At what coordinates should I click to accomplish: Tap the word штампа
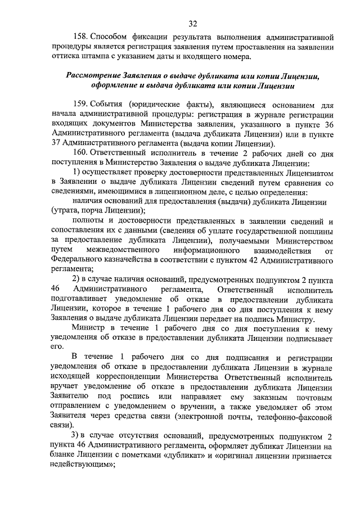coord(98,57)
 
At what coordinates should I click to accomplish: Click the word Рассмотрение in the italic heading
coord(96,76)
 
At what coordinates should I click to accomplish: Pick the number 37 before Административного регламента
coord(55,143)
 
